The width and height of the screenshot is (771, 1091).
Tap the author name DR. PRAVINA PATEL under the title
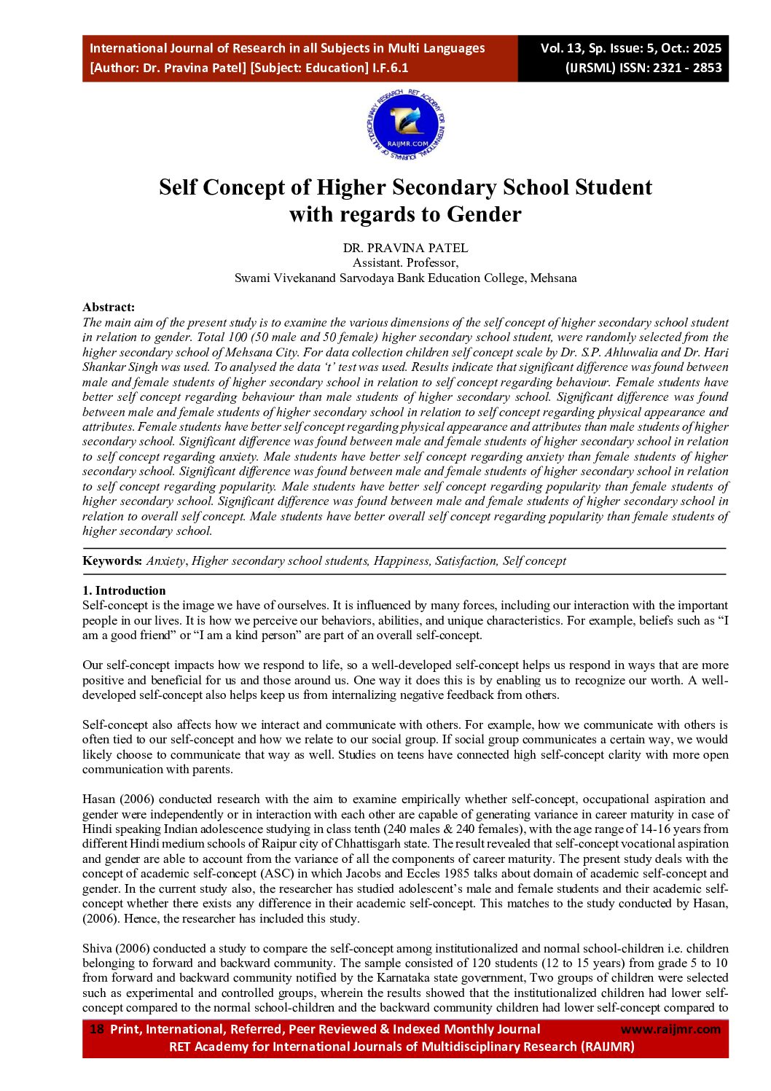pyautogui.click(x=405, y=248)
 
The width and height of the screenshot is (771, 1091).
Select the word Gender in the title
pyautogui.click(x=484, y=214)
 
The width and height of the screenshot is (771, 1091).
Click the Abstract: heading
pyautogui.click(x=109, y=307)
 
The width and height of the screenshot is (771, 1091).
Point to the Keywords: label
pyautogui.click(x=112, y=560)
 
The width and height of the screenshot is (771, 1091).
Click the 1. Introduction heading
pyautogui.click(x=124, y=590)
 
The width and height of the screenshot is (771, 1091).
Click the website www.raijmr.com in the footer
pyautogui.click(x=670, y=1029)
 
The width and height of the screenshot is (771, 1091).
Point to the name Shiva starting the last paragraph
pyautogui.click(x=97, y=948)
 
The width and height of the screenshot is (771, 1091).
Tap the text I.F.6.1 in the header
pyautogui.click(x=390, y=68)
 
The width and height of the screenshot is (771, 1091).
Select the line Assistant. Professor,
pyautogui.click(x=405, y=262)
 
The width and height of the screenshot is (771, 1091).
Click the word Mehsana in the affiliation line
pyautogui.click(x=553, y=278)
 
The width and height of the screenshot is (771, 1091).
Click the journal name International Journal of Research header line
pyautogui.click(x=286, y=48)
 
